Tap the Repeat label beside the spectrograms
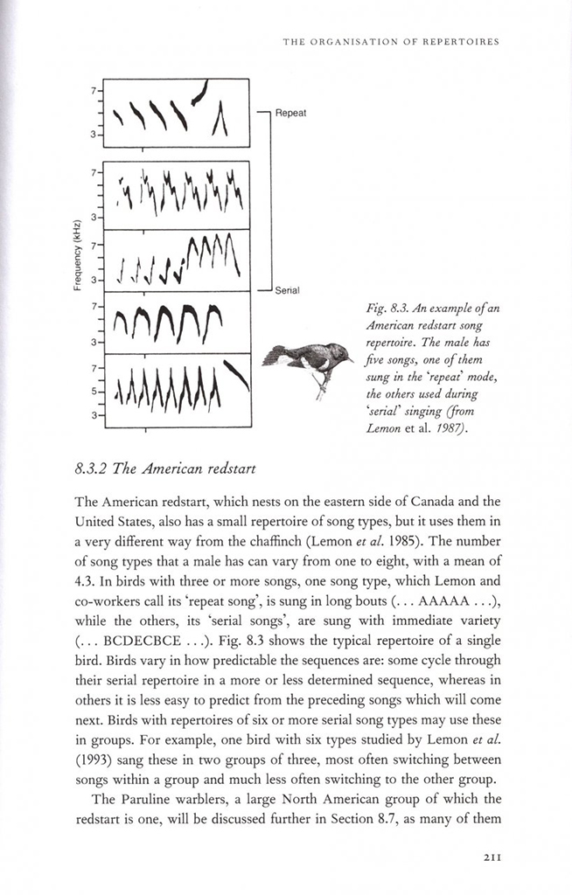[x=290, y=113]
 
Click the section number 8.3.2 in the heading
[x=95, y=468]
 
